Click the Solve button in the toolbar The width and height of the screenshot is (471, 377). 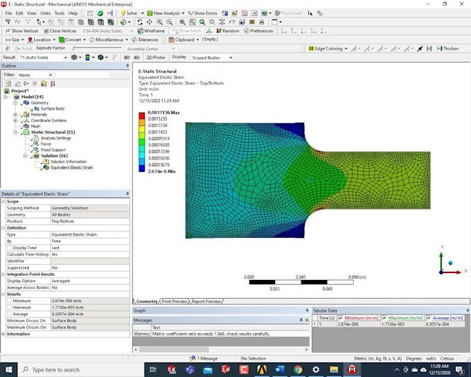click(x=130, y=13)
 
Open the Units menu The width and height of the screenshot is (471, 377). click(x=45, y=13)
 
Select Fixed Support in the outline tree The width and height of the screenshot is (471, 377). click(x=53, y=150)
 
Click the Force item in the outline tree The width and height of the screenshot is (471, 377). click(x=46, y=143)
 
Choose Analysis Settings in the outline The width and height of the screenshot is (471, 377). click(x=55, y=138)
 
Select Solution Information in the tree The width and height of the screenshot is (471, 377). click(x=68, y=161)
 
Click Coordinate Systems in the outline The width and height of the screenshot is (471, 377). click(x=48, y=120)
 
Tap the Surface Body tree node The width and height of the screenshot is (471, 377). click(x=52, y=109)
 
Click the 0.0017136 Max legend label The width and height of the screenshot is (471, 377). click(x=163, y=112)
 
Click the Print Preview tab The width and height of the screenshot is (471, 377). click(x=175, y=301)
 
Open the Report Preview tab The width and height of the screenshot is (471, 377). click(x=206, y=301)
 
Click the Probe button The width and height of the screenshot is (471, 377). click(x=157, y=58)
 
